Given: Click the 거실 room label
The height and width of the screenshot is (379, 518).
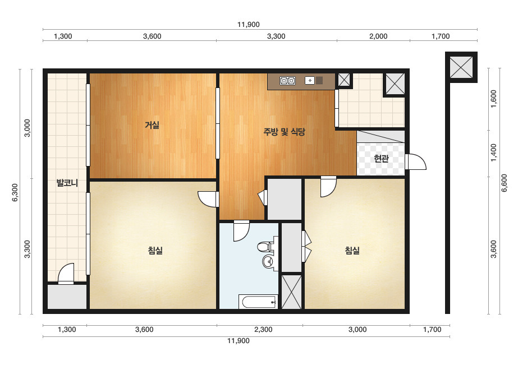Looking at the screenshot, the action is (x=152, y=125).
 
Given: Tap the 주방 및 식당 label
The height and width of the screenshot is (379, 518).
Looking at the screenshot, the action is (x=284, y=132).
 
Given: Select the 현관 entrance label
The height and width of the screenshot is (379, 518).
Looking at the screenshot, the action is (x=381, y=159).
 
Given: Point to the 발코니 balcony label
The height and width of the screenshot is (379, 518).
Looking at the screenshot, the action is (x=67, y=183).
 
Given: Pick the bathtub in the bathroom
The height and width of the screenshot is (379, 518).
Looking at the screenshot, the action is (x=258, y=302).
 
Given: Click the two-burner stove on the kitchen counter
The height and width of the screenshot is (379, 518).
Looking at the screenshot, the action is (x=287, y=81).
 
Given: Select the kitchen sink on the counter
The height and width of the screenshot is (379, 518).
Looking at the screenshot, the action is (x=314, y=80).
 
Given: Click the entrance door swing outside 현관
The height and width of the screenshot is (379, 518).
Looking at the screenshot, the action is (x=416, y=162).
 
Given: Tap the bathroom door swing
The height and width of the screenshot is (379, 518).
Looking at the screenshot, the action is (x=241, y=231).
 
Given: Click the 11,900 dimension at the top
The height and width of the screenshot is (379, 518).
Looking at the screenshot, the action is (x=249, y=25).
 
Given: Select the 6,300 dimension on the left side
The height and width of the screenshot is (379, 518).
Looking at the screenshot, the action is (x=15, y=192).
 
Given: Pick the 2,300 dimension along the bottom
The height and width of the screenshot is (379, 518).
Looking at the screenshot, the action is (x=263, y=330).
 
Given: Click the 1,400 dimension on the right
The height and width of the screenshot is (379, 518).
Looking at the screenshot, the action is (x=493, y=152).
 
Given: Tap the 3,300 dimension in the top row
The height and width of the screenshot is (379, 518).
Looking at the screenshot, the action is (x=276, y=36).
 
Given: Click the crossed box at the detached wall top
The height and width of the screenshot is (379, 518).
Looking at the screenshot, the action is (x=461, y=67).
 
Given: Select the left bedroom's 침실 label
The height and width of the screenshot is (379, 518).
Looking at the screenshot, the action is (x=155, y=251).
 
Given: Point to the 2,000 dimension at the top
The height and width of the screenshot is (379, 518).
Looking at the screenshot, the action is (x=378, y=36).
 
